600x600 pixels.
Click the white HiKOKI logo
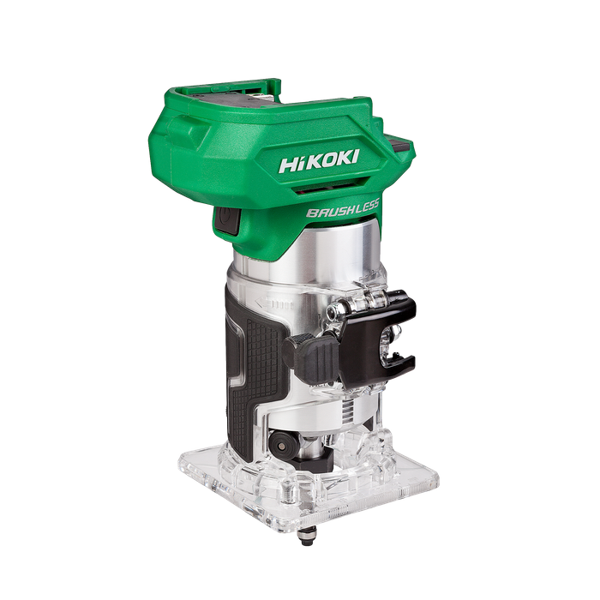(319, 161)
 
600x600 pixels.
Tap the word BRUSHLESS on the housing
(343, 208)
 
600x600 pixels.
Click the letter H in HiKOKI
(288, 165)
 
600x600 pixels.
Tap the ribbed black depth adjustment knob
(310, 357)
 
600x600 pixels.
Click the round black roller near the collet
(282, 444)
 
